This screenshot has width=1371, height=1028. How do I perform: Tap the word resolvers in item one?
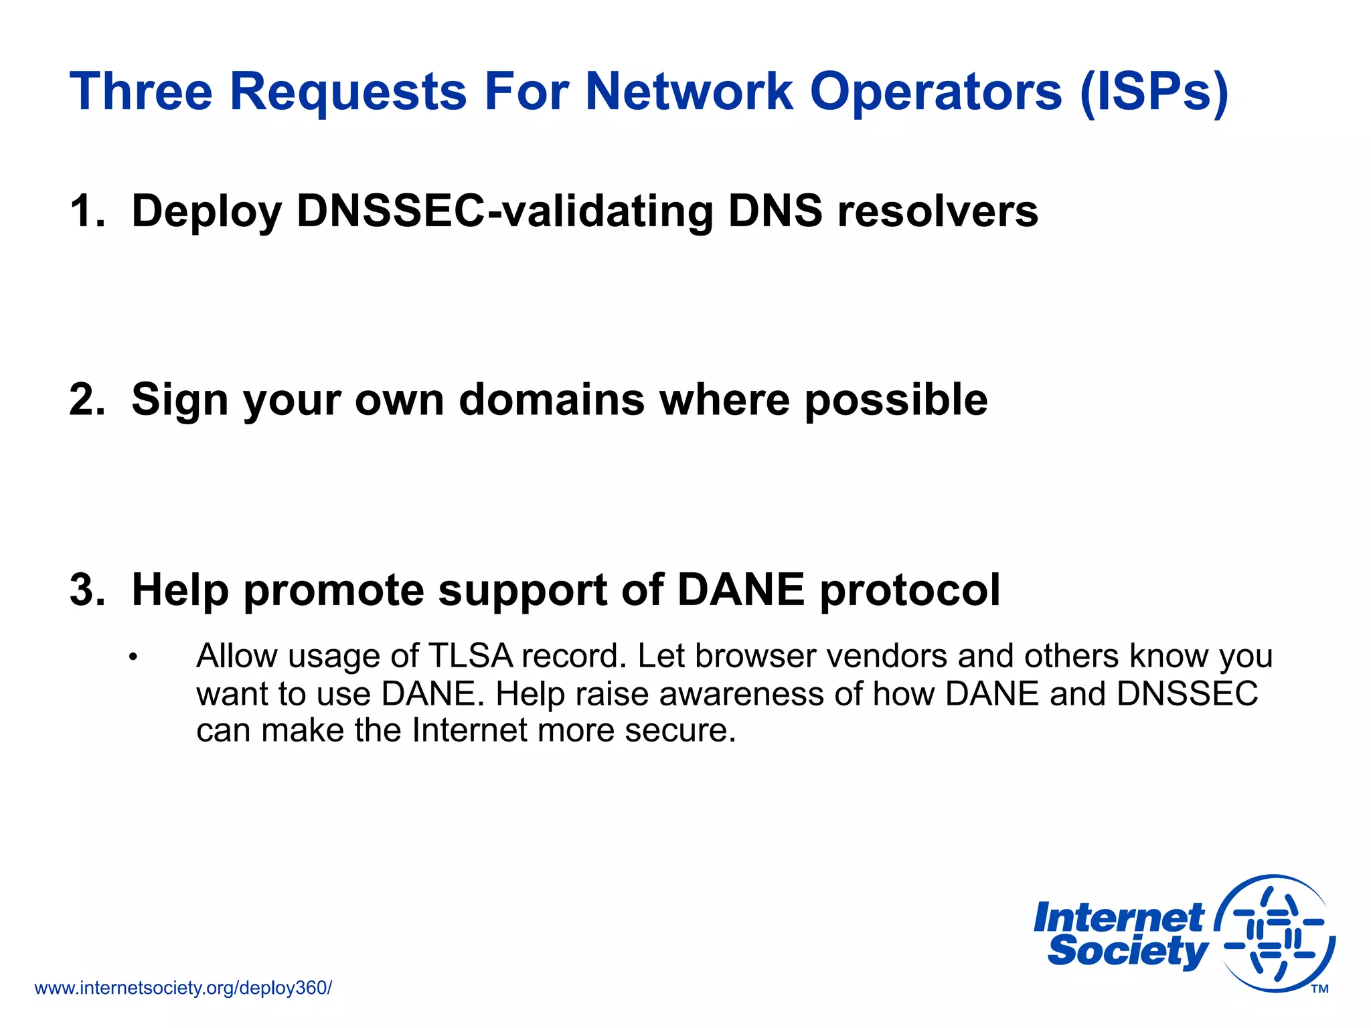point(937,211)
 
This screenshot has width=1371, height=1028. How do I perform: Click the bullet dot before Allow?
point(133,657)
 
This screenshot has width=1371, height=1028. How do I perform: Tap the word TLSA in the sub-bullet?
point(470,656)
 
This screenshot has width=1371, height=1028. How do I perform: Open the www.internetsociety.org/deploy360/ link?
point(183,988)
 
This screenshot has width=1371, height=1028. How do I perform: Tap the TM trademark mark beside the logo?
point(1319,989)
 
